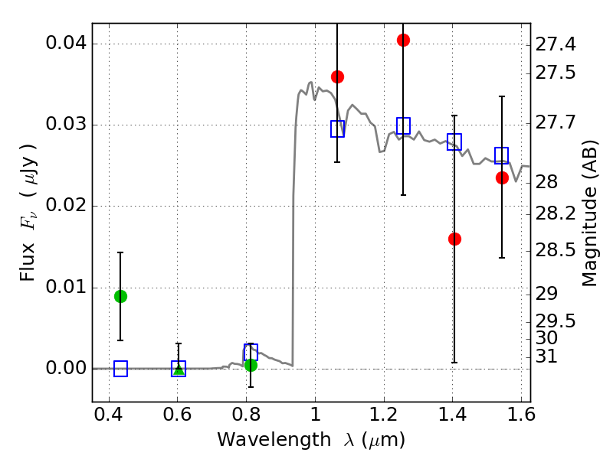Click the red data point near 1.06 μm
click(x=337, y=76)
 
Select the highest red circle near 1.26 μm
click(x=403, y=40)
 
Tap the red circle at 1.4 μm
click(x=454, y=239)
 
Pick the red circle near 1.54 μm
click(x=502, y=177)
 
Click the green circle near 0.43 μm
click(x=120, y=296)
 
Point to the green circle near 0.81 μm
click(x=251, y=365)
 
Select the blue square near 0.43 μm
click(x=120, y=369)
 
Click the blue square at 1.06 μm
click(x=337, y=129)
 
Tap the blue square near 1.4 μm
click(x=454, y=142)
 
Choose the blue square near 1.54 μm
click(x=502, y=155)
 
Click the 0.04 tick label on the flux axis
click(x=66, y=44)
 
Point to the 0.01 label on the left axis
click(x=66, y=287)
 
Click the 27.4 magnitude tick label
click(x=556, y=45)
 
